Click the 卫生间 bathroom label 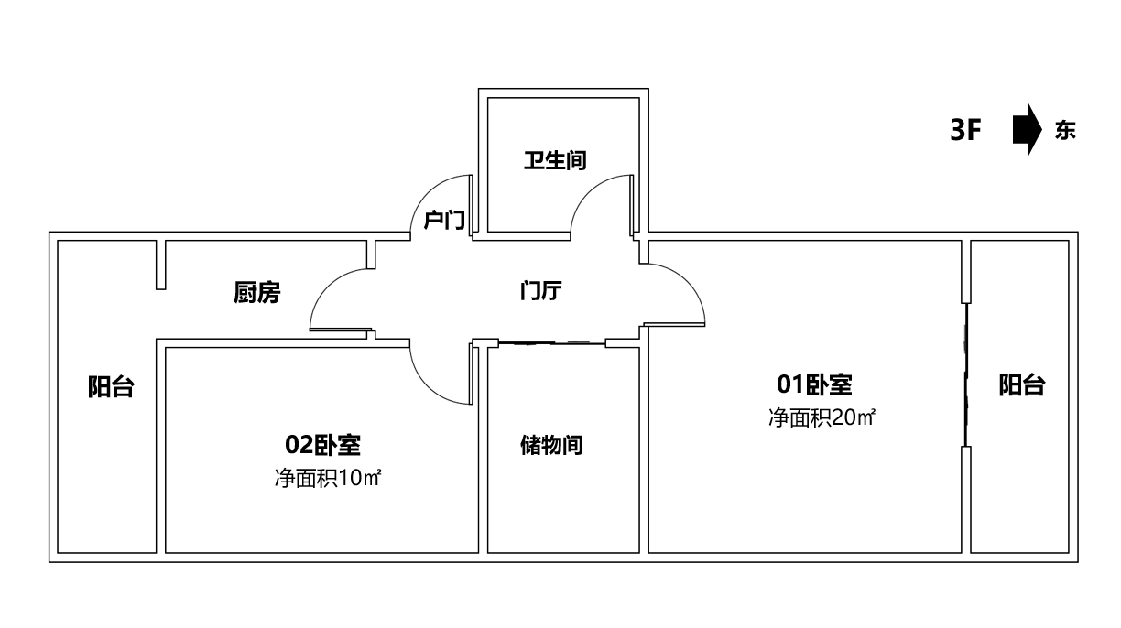click(x=555, y=160)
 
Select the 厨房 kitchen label click(x=257, y=293)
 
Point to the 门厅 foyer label click(x=540, y=291)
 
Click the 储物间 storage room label click(x=551, y=446)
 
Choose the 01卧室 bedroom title click(x=815, y=384)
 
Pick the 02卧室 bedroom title click(x=322, y=446)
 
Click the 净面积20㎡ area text click(x=822, y=418)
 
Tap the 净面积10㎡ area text click(x=327, y=478)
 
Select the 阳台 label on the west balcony click(x=110, y=387)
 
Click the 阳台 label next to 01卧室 click(x=1021, y=385)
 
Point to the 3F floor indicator click(x=966, y=131)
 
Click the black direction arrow click(x=1028, y=131)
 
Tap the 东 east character click(x=1065, y=131)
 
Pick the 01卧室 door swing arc click(x=691, y=279)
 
